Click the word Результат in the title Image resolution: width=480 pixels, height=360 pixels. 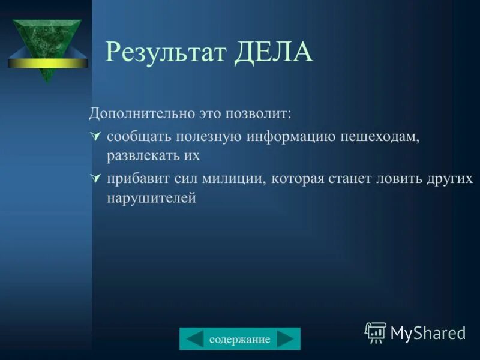pyautogui.click(x=166, y=53)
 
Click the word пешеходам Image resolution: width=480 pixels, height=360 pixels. pyautogui.click(x=379, y=137)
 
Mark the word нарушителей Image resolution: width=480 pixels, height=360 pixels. pyautogui.click(x=151, y=197)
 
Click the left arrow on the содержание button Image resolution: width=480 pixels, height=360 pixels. pyautogui.click(x=194, y=339)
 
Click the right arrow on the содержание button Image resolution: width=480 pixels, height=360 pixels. pyautogui.click(x=286, y=339)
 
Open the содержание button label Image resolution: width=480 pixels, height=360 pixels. pyautogui.click(x=239, y=340)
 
